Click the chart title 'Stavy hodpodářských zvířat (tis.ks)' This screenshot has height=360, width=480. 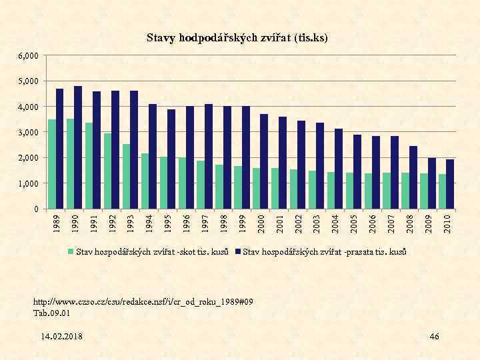coord(237,39)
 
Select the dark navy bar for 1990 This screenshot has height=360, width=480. coord(78,147)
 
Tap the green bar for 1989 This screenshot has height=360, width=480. coord(52,164)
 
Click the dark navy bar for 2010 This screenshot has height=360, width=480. coord(450,184)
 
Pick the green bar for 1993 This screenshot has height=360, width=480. coord(127,177)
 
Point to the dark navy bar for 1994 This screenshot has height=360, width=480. coord(153,157)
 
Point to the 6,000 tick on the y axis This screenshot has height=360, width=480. coord(29,55)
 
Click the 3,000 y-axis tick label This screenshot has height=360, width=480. coord(29,132)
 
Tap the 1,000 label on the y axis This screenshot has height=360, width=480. coord(29,183)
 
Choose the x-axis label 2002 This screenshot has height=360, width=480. coord(299,223)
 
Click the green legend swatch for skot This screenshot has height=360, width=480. coord(71,252)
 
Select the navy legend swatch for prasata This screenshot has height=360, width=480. coord(238,252)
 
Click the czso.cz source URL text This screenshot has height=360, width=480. coord(143,302)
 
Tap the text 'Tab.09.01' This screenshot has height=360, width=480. coord(51,312)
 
